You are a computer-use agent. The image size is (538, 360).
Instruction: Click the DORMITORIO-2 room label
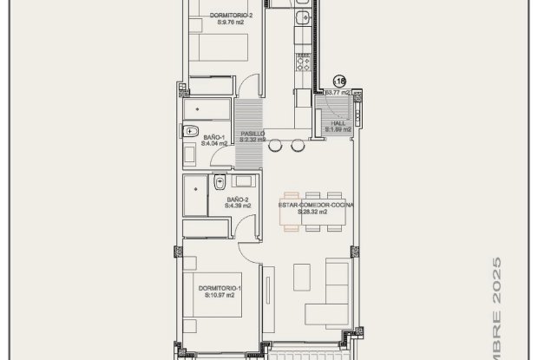[x=213, y=16]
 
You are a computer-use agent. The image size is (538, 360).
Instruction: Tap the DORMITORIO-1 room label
[x=219, y=287]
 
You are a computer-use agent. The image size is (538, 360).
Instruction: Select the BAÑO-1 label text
[x=214, y=137]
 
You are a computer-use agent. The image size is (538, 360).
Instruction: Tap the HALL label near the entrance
[x=337, y=123]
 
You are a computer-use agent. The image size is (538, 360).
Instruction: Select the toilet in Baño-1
[x=190, y=133]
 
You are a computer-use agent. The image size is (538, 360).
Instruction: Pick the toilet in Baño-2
[x=220, y=182]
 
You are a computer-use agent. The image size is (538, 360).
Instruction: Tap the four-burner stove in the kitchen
[x=304, y=61]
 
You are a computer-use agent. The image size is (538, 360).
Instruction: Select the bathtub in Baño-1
[x=206, y=110]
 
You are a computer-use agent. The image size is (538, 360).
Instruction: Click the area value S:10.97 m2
[x=220, y=295]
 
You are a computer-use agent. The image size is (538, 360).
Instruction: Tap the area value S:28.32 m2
[x=312, y=212]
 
